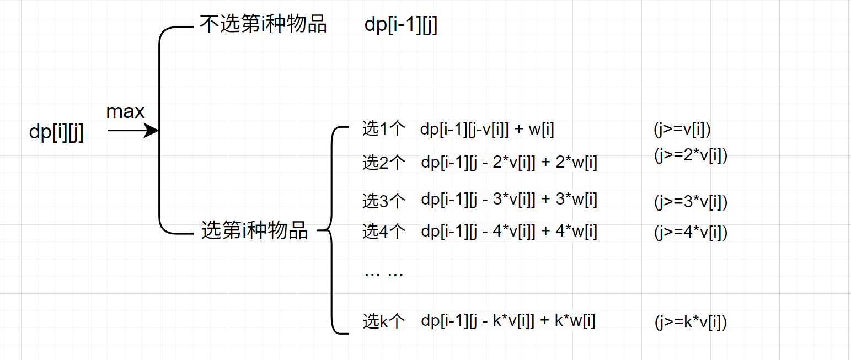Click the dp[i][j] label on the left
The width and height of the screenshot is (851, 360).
pyautogui.click(x=56, y=133)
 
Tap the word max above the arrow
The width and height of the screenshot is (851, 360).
pyautogui.click(x=125, y=112)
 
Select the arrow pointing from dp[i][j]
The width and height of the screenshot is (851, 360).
pyautogui.click(x=133, y=131)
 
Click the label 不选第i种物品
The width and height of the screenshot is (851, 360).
pyautogui.click(x=263, y=25)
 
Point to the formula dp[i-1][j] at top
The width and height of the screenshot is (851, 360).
pyautogui.click(x=401, y=25)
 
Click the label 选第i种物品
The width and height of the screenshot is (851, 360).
pyautogui.click(x=254, y=230)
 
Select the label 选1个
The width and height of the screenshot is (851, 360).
pyautogui.click(x=384, y=129)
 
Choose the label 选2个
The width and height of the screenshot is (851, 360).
pyautogui.click(x=384, y=163)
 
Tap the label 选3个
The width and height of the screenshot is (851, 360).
pyautogui.click(x=384, y=200)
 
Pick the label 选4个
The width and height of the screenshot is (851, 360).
pyautogui.click(x=384, y=232)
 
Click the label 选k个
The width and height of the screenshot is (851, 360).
pyautogui.click(x=384, y=321)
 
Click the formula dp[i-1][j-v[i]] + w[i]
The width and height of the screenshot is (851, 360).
pyautogui.click(x=487, y=130)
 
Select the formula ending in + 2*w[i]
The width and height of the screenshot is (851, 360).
pyautogui.click(x=509, y=163)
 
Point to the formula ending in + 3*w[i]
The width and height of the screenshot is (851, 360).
pyautogui.click(x=509, y=200)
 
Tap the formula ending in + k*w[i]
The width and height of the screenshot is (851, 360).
pyautogui.click(x=508, y=321)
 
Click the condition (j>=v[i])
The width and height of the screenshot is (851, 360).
pyautogui.click(x=682, y=130)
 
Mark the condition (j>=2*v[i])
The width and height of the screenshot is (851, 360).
pyautogui.click(x=691, y=156)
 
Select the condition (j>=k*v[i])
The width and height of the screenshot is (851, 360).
pyautogui.click(x=691, y=322)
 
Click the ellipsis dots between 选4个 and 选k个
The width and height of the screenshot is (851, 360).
pyautogui.click(x=384, y=273)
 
